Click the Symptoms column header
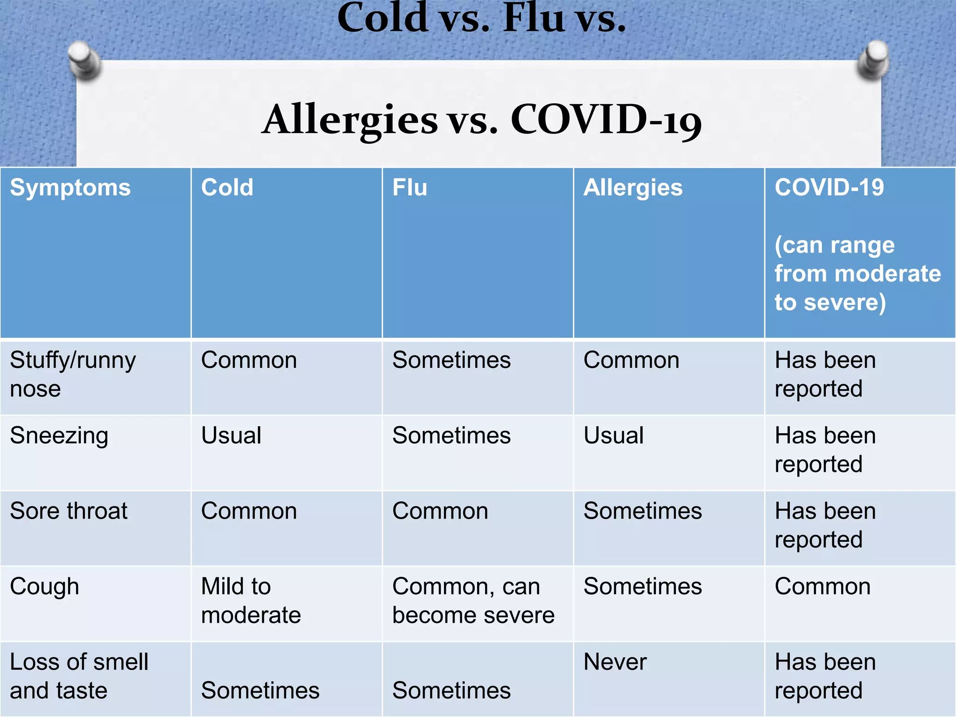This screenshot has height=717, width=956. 70,188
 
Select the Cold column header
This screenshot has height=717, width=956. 227,188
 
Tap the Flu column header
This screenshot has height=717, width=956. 409,188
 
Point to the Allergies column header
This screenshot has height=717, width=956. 633,188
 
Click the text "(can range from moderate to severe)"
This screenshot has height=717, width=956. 857,274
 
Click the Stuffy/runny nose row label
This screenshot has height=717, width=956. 72,374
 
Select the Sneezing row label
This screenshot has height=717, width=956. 59,436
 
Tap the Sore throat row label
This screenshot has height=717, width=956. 69,511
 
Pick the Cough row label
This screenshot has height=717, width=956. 44,586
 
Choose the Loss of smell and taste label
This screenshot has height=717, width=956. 78,676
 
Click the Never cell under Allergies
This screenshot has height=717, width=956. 615,662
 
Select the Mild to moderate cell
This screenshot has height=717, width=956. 251,600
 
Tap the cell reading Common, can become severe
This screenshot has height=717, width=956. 473,600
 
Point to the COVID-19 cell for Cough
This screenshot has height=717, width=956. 822,586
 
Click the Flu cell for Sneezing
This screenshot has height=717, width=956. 451,436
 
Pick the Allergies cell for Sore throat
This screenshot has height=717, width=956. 642,511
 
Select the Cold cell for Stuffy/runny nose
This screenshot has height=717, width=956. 249,360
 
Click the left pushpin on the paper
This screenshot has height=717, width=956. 84,60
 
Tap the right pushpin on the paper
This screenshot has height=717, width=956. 873,59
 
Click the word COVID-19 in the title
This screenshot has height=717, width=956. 605,120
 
